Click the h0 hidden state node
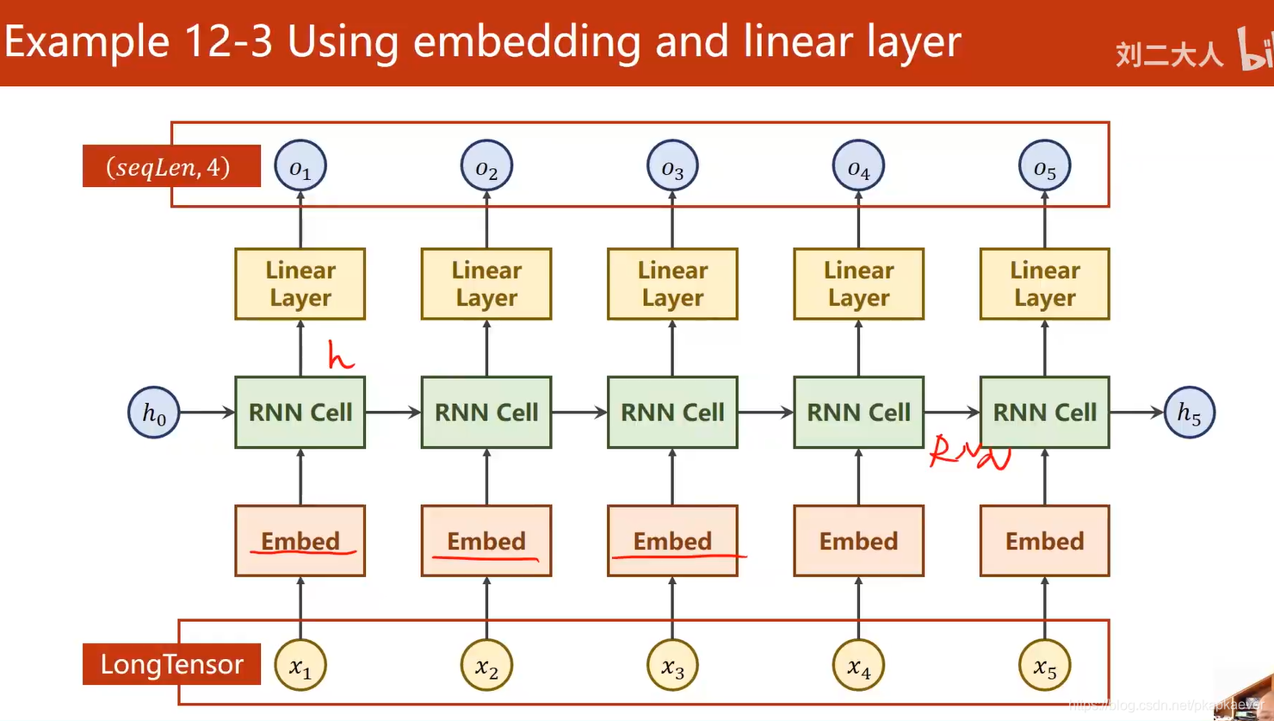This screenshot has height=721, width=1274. (x=154, y=413)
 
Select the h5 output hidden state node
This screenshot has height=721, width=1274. (x=1189, y=413)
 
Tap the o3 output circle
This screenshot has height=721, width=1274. (x=672, y=166)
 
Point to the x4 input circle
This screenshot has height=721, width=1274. (x=858, y=666)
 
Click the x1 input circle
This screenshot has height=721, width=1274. (x=300, y=666)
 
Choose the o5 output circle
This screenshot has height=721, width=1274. (x=1044, y=166)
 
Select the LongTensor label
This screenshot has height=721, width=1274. (x=171, y=664)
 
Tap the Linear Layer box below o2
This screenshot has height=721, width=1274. (x=486, y=284)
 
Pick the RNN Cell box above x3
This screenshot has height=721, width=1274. (x=672, y=413)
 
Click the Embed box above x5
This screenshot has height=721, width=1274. (x=1044, y=541)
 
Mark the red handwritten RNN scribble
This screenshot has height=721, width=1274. (x=969, y=453)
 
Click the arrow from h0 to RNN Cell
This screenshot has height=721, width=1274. (x=207, y=413)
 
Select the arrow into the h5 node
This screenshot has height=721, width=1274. (x=1136, y=413)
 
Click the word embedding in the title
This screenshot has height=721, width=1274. (x=527, y=41)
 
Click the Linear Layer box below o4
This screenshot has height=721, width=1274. (x=858, y=284)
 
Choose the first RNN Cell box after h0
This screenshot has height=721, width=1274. (x=300, y=413)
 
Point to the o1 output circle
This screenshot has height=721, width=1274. (x=300, y=166)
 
